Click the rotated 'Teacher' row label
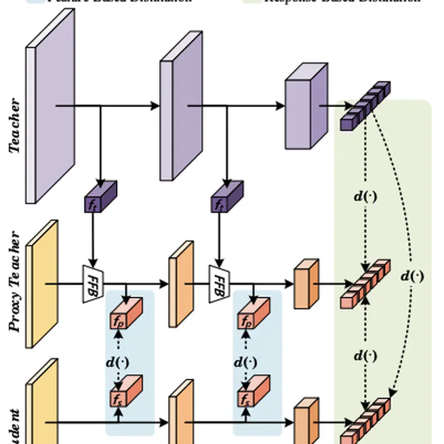pos(14,126)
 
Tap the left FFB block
pos(92,283)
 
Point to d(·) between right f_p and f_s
pos(245,361)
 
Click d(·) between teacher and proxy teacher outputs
pos(366,197)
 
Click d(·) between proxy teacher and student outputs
pos(366,355)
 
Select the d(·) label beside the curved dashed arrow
pos(412,275)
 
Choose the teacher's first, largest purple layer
pos(50,106)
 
